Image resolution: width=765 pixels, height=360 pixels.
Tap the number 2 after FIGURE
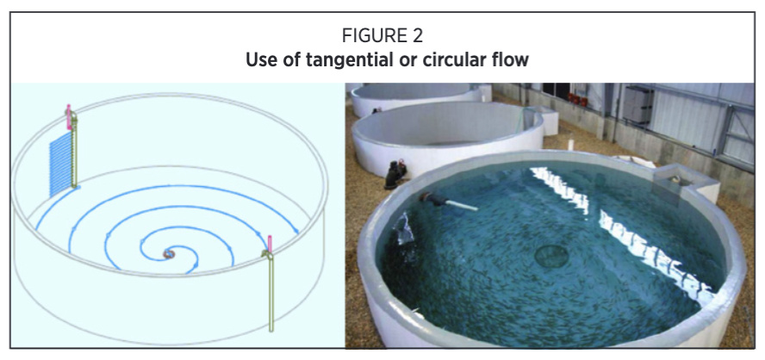pos(414,35)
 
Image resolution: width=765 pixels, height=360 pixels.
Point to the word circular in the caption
pos(451,60)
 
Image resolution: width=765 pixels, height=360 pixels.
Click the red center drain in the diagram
pos(168,254)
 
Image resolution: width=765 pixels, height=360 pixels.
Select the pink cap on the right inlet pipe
pos(270,243)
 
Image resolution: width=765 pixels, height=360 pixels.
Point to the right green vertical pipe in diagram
pos(271,290)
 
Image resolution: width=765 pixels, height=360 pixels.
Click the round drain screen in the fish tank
pos(551,256)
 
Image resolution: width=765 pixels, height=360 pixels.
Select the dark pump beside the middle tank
pos(395,174)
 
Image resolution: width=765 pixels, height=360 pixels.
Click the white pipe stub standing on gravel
pos(570,145)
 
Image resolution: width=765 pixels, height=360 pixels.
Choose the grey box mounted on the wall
pos(637,104)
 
